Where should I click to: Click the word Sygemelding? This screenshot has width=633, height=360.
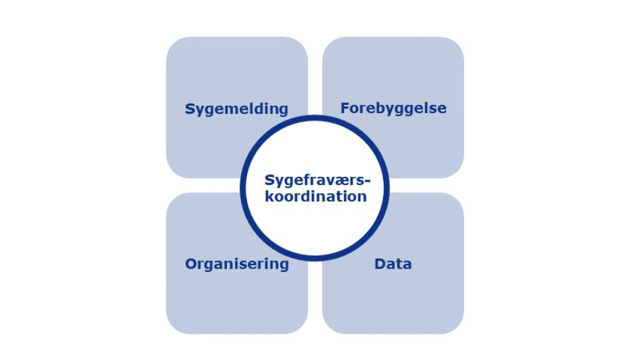(236, 109)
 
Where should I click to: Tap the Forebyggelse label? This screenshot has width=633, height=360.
(393, 108)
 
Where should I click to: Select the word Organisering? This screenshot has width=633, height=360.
(236, 264)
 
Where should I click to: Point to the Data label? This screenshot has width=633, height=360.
(393, 264)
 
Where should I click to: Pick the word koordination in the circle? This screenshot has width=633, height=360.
(315, 196)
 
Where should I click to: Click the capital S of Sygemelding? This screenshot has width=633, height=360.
(190, 109)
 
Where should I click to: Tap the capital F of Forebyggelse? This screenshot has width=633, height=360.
(345, 108)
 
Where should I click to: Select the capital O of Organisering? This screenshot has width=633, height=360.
(191, 264)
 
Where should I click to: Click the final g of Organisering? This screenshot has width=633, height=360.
(284, 266)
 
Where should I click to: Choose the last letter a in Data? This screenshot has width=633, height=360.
(407, 264)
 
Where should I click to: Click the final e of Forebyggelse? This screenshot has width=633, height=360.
(442, 109)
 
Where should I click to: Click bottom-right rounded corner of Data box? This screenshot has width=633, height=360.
(455, 326)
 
